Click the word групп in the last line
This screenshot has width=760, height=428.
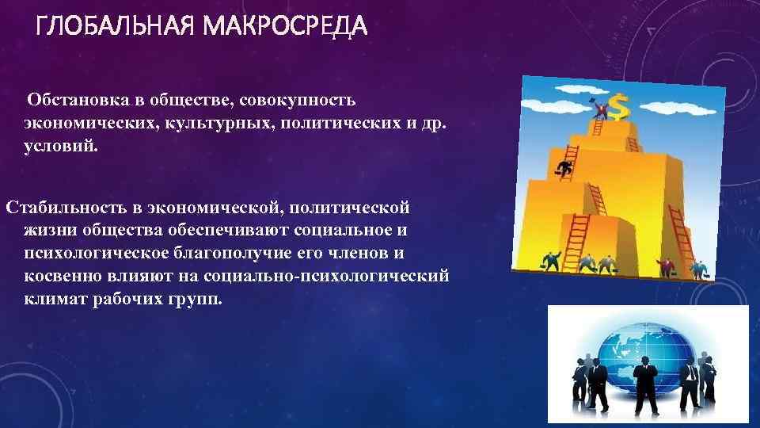pyautogui.click(x=203, y=301)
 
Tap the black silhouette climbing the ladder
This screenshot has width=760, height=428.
pyautogui.click(x=564, y=167)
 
